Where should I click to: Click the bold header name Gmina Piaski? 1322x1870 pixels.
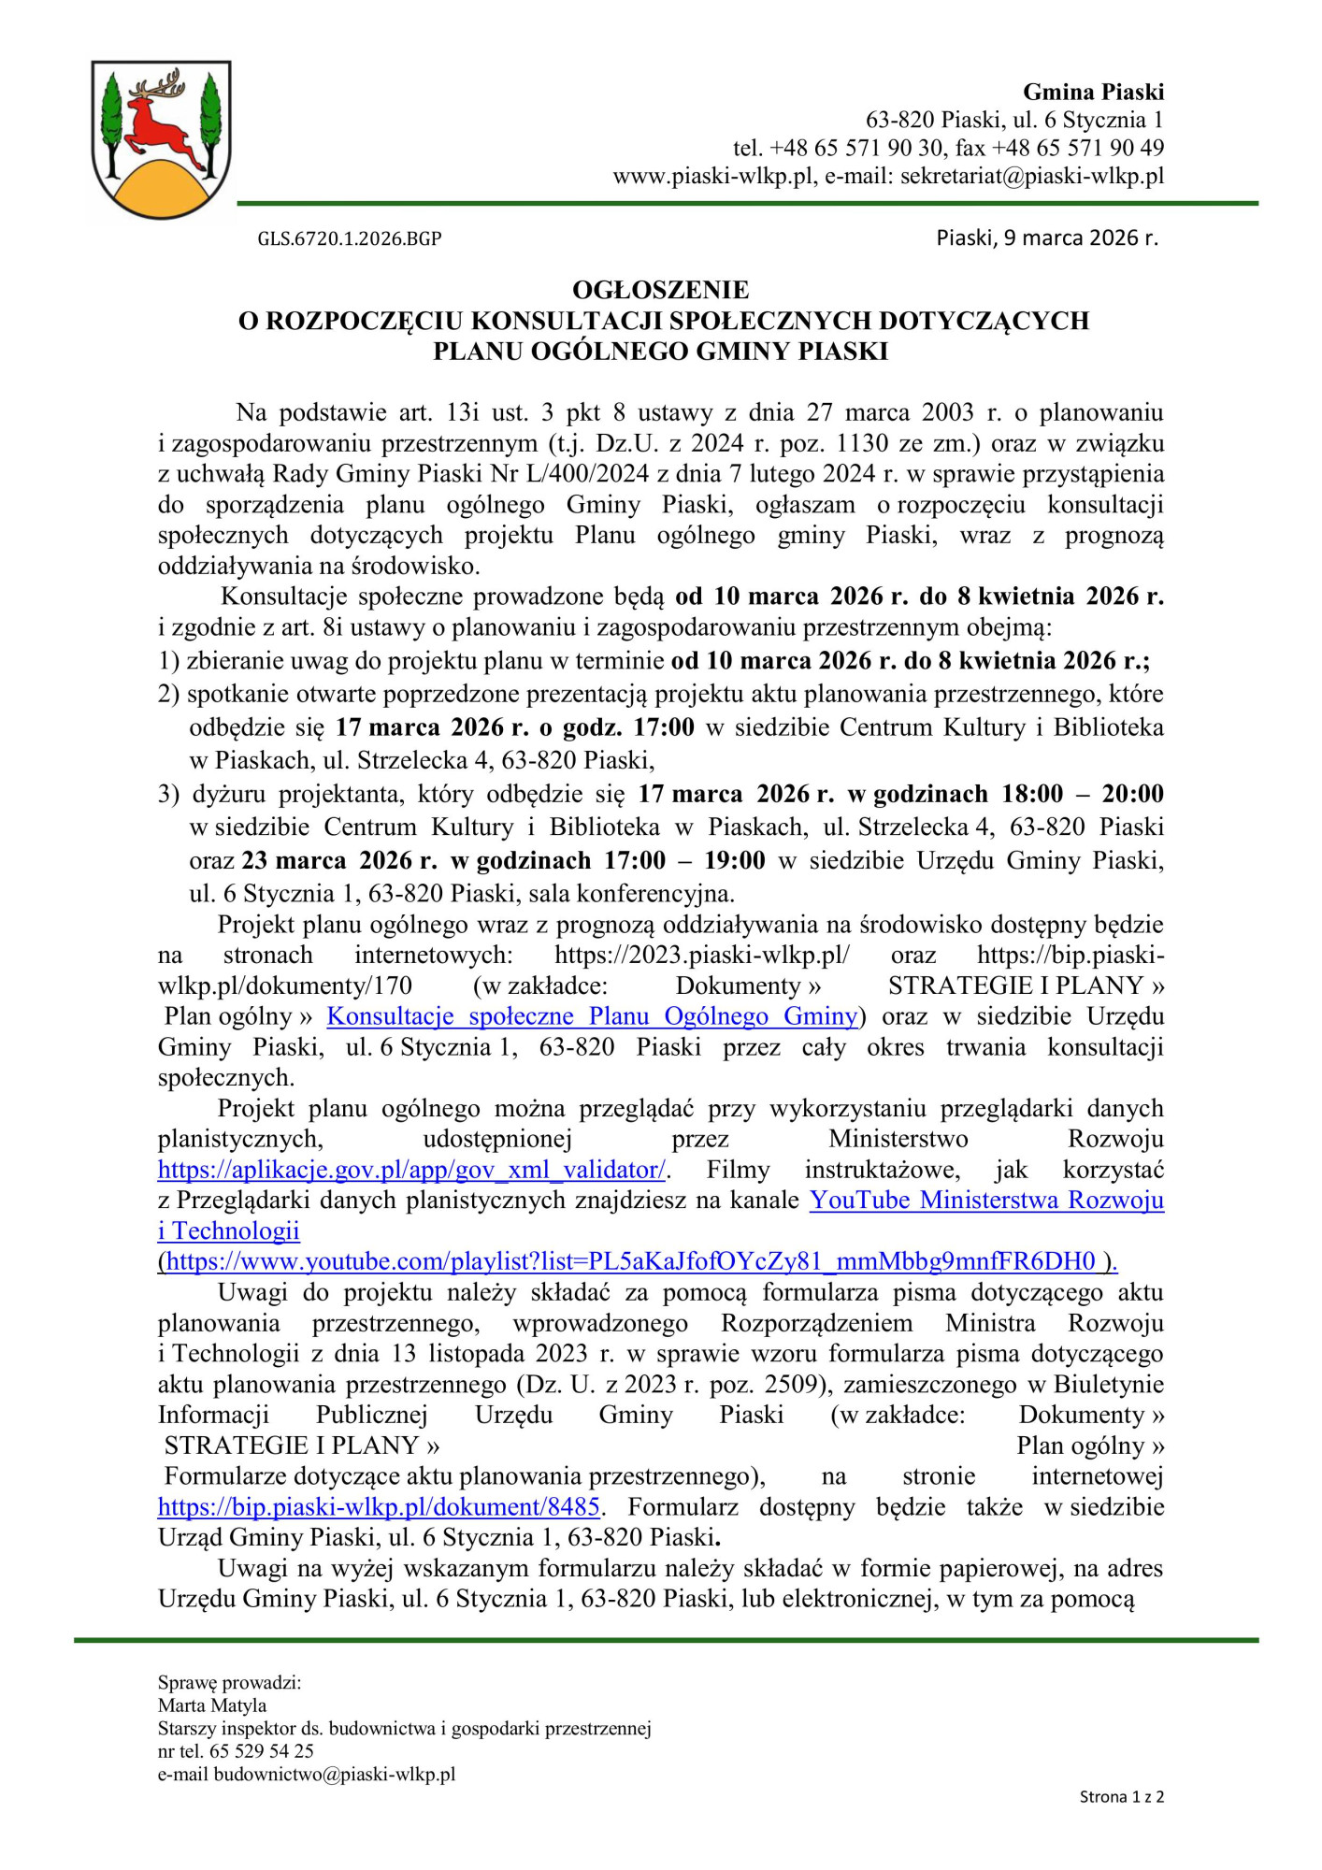click(x=1093, y=92)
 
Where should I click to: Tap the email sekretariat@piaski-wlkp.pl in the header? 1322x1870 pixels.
click(x=1032, y=176)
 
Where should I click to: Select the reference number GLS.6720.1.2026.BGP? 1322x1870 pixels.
click(x=350, y=238)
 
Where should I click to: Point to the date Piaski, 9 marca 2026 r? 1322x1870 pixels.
click(x=1046, y=237)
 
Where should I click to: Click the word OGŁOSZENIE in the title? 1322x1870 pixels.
click(x=661, y=290)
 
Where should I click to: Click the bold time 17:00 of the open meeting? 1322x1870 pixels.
click(x=664, y=727)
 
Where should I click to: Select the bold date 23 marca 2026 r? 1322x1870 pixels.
click(x=339, y=861)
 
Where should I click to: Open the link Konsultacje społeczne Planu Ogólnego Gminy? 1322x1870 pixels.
click(x=592, y=1016)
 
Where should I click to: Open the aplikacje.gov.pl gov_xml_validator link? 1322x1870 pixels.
click(x=412, y=1171)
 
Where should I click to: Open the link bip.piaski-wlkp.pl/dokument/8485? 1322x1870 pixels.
click(x=379, y=1507)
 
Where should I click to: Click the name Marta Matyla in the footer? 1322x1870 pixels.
click(x=212, y=1705)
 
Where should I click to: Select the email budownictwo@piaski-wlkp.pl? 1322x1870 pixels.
click(x=334, y=1774)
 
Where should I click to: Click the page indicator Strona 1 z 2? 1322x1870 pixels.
click(x=1121, y=1796)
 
